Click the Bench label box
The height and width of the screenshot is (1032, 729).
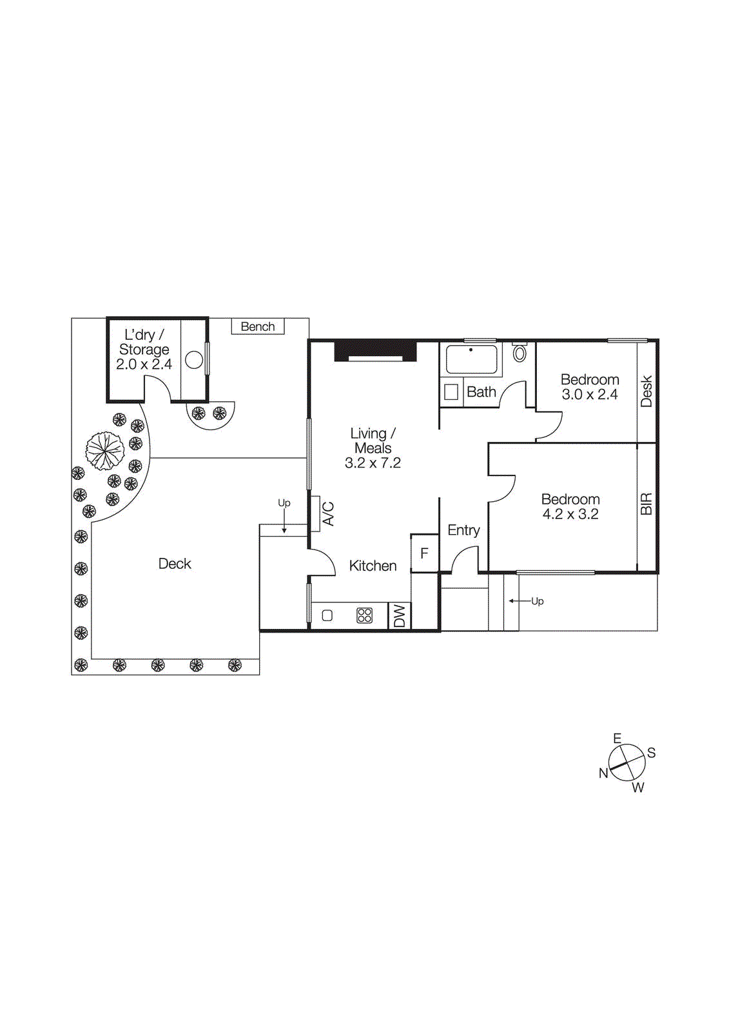click(258, 326)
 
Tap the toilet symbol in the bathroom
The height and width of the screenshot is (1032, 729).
click(520, 353)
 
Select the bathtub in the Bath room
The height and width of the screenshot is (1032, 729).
click(471, 359)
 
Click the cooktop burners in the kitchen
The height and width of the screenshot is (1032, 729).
click(364, 615)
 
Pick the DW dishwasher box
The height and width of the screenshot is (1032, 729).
click(400, 616)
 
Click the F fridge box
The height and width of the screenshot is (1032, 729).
click(424, 553)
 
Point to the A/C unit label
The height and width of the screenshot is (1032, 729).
click(327, 514)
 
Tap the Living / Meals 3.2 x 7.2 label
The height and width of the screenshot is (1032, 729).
click(373, 448)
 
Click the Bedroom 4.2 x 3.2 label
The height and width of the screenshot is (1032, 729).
click(570, 506)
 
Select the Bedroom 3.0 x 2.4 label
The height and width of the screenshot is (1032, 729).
click(589, 386)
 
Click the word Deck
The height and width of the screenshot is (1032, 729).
click(175, 564)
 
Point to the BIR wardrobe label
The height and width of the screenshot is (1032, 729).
click(646, 504)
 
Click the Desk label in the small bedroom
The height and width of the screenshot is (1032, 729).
click(646, 392)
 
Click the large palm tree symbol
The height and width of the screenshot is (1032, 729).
click(105, 450)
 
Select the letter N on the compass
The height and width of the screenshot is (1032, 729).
click(603, 773)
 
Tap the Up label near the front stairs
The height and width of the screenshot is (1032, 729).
click(537, 601)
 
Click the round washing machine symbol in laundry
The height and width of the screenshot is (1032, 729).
click(194, 360)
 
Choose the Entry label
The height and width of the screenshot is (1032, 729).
click(463, 530)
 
